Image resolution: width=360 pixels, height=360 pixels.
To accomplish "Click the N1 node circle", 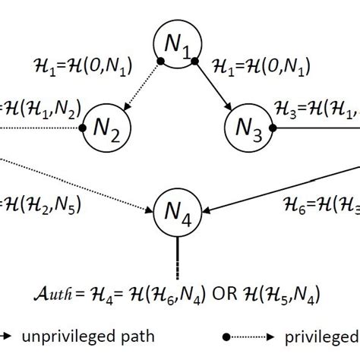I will [176, 46].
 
